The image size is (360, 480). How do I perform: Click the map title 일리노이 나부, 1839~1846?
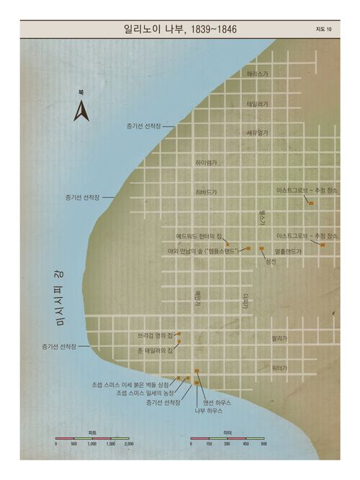coord(180,30)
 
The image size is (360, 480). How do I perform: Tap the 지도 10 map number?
coord(323,30)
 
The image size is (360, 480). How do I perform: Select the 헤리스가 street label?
coord(257,73)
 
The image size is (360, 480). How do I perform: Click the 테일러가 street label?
coord(257,104)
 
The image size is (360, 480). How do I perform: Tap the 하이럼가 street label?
coord(206,163)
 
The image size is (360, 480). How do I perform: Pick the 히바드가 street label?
coord(206,193)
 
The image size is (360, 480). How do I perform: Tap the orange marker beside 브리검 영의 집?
coord(178,335)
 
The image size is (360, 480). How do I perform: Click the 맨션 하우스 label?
coord(217,403)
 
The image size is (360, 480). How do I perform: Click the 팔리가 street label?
coord(279,337)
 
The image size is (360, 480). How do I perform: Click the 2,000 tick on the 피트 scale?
coord(129,445)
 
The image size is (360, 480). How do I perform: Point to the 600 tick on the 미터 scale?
coord(264,445)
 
